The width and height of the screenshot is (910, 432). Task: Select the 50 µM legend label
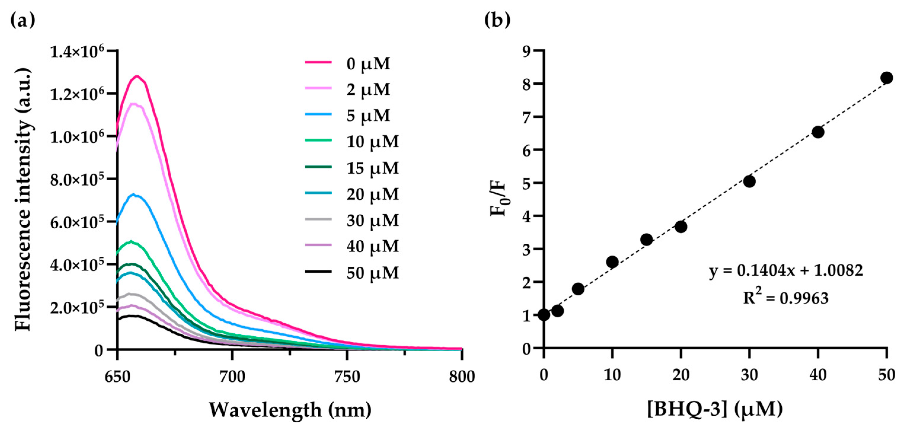[x=372, y=273]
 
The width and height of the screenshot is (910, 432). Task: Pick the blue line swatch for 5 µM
[x=318, y=114]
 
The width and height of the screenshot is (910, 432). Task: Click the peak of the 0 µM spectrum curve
[x=136, y=76]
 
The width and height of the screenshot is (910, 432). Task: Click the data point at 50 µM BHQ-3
[x=886, y=78]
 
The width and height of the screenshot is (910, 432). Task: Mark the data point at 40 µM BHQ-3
[x=818, y=132]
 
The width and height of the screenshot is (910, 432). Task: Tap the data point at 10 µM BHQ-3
[x=612, y=262]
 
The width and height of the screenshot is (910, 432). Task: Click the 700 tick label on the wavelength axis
[x=232, y=377]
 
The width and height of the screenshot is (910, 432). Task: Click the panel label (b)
[x=497, y=20]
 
